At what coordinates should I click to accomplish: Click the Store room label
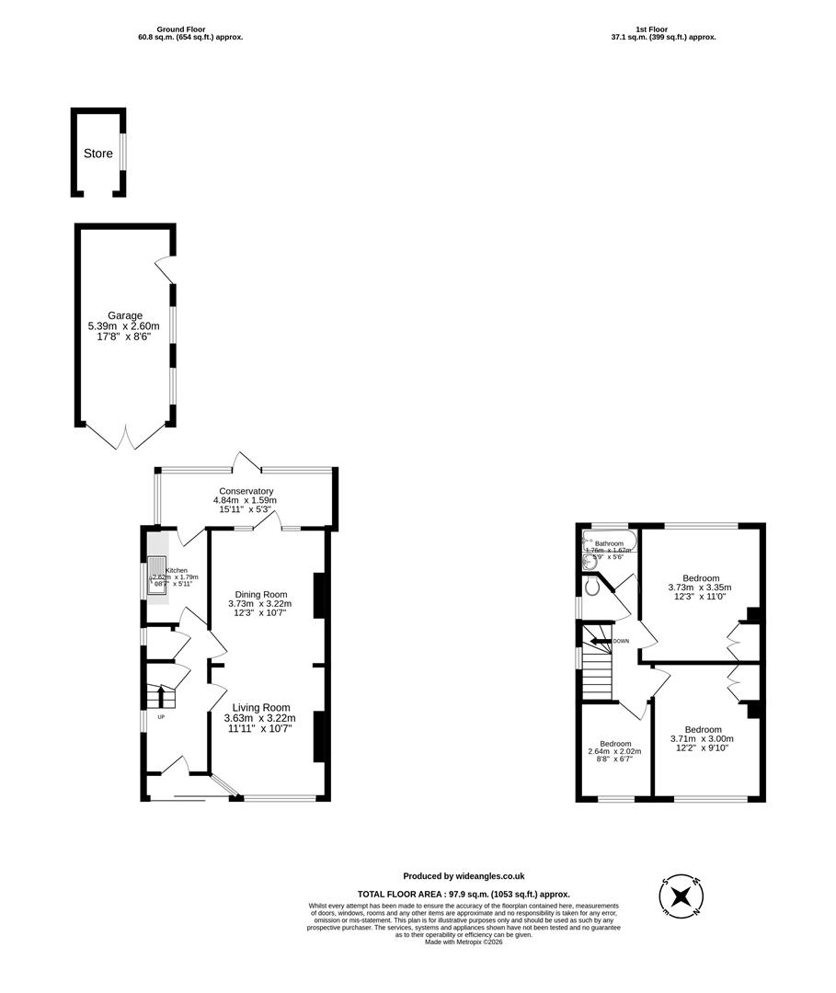pos(97,154)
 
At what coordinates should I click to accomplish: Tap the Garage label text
pos(125,315)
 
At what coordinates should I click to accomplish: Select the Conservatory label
pos(246,491)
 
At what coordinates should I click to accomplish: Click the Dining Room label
pos(261,594)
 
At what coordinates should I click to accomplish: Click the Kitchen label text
pos(177,570)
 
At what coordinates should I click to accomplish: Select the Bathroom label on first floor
pos(609,543)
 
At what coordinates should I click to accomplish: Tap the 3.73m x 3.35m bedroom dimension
pos(700,588)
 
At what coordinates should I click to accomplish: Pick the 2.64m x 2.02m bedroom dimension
pos(614,752)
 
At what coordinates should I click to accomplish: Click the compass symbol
pos(681,896)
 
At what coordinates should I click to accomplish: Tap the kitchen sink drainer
pos(157,576)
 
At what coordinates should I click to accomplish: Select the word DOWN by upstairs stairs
pos(621,641)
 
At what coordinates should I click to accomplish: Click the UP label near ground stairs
pos(162,716)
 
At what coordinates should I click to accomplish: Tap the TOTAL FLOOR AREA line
pos(464,894)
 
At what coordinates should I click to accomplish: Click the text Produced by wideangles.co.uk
pos(464,876)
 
